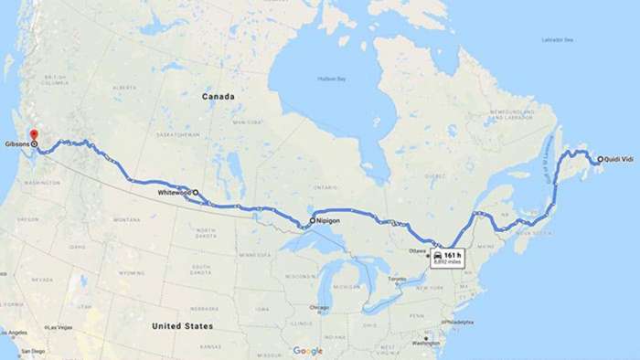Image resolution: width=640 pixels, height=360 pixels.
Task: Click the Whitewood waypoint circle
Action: (x=195, y=193)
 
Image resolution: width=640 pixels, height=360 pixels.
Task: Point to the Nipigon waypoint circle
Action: (x=312, y=221)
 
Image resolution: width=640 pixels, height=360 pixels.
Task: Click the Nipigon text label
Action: (x=329, y=221)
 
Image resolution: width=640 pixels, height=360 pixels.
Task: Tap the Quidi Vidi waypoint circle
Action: (x=600, y=160)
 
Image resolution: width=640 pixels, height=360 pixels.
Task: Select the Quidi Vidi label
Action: (x=620, y=160)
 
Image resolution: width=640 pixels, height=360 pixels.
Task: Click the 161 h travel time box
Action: (x=448, y=257)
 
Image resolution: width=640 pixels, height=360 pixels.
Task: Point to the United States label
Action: (x=183, y=326)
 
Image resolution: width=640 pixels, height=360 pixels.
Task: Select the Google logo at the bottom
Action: (x=308, y=351)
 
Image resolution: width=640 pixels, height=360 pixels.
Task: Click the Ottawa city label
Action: (x=417, y=250)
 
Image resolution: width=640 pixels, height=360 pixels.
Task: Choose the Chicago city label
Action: (x=318, y=307)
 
